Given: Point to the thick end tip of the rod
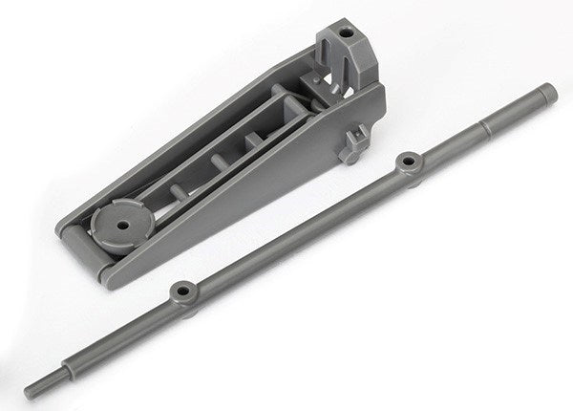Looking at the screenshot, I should coord(546,94).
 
